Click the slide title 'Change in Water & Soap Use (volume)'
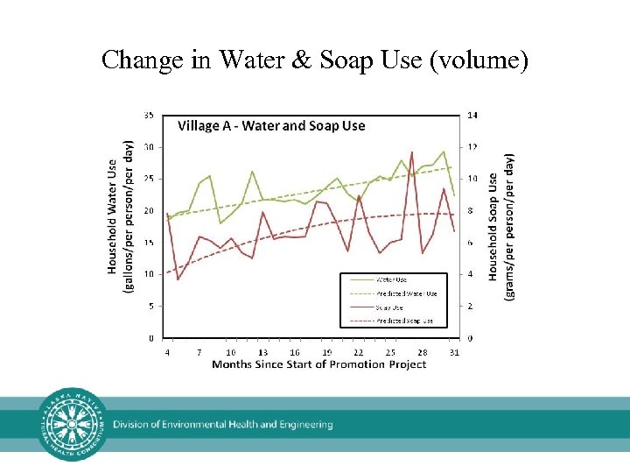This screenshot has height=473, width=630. click(x=315, y=60)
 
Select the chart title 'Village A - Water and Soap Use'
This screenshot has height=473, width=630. click(x=271, y=125)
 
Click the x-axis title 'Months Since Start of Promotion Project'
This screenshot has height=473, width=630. click(x=318, y=364)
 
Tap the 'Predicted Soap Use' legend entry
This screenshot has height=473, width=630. click(x=404, y=321)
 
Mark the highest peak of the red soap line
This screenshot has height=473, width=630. click(x=411, y=152)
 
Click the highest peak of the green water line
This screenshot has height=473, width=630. click(x=444, y=152)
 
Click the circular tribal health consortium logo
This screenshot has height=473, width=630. click(x=73, y=424)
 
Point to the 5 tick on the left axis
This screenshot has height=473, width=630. click(x=150, y=306)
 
